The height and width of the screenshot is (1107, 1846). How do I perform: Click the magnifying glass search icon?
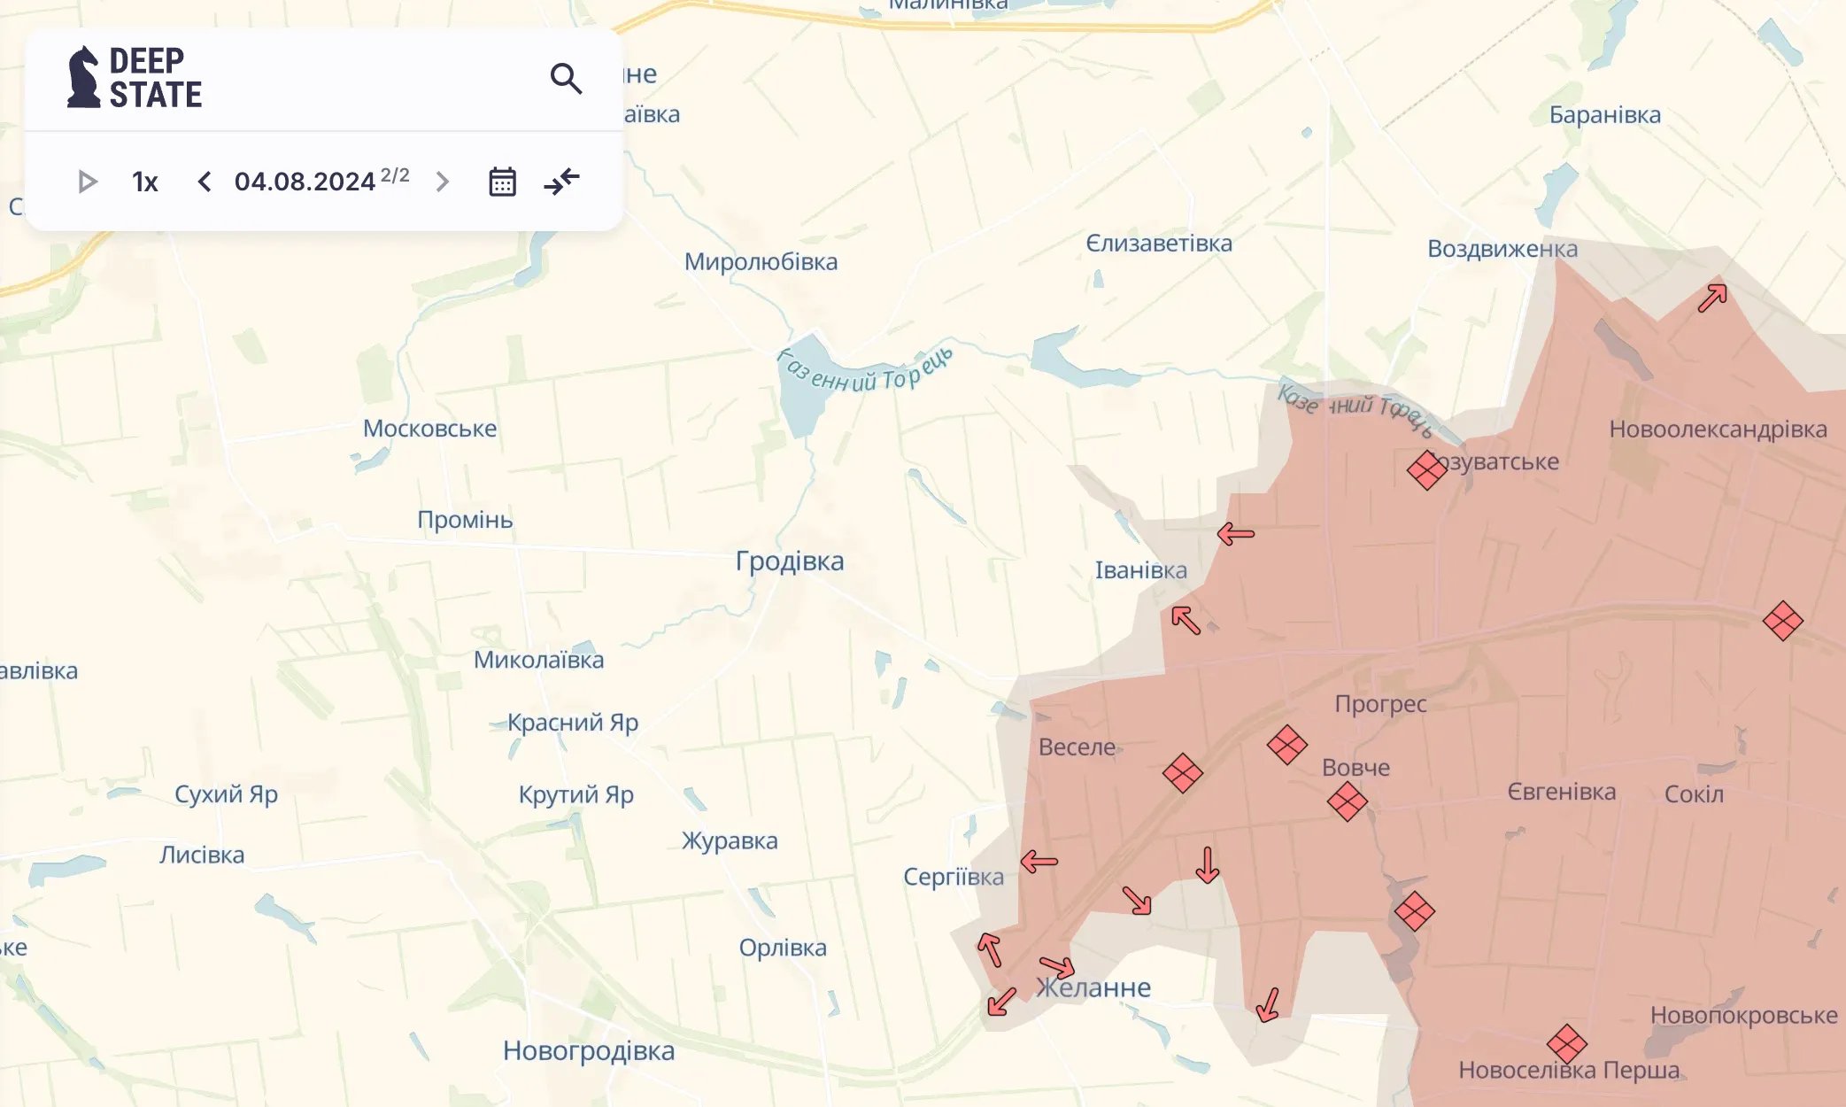pyautogui.click(x=566, y=79)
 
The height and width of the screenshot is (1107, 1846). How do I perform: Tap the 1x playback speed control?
pyautogui.click(x=144, y=182)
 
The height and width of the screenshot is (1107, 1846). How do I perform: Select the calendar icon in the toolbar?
pyautogui.click(x=502, y=182)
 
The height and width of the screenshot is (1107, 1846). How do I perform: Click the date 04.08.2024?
pyautogui.click(x=305, y=182)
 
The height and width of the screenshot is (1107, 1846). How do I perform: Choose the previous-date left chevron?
pyautogui.click(x=205, y=182)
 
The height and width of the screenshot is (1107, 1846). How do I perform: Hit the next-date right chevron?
pyautogui.click(x=443, y=182)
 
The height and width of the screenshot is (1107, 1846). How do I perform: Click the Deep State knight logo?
pyautogui.click(x=84, y=78)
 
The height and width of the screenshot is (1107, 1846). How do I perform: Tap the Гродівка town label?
pyautogui.click(x=790, y=561)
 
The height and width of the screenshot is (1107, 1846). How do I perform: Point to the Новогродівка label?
pyautogui.click(x=589, y=1051)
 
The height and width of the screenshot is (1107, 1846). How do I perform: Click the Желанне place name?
pyautogui.click(x=1094, y=988)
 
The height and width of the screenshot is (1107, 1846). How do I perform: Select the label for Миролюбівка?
pyautogui.click(x=761, y=262)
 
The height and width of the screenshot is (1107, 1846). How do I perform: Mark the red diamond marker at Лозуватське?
pyautogui.click(x=1427, y=470)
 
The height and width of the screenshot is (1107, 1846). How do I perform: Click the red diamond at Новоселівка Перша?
pyautogui.click(x=1567, y=1045)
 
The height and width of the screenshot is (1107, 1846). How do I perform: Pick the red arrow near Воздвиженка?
pyautogui.click(x=1712, y=298)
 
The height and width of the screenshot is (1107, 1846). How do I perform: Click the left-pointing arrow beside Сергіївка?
pyautogui.click(x=1039, y=861)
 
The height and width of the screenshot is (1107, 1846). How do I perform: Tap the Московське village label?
pyautogui.click(x=429, y=429)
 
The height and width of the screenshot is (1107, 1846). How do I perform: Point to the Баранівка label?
pyautogui.click(x=1604, y=115)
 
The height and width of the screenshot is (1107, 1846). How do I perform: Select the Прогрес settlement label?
pyautogui.click(x=1380, y=704)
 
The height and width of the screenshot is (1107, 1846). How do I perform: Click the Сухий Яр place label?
pyautogui.click(x=226, y=794)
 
